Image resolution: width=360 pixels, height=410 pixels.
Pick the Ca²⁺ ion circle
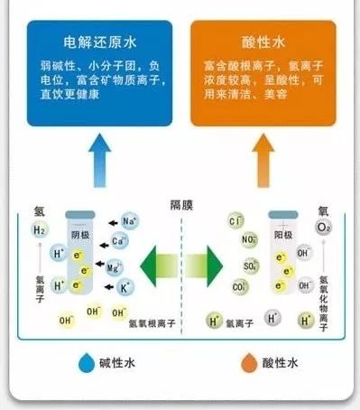pyautogui.click(x=120, y=242)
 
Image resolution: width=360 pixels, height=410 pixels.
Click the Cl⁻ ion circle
pyautogui.click(x=237, y=221)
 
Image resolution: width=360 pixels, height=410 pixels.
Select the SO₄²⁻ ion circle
pyautogui.click(x=249, y=267)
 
